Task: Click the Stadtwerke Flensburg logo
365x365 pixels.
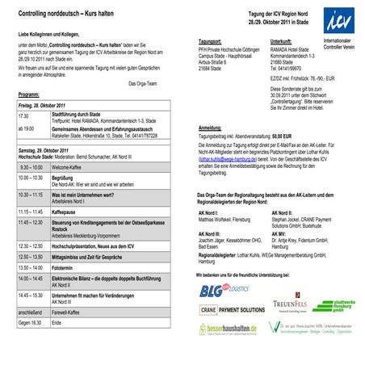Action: [334, 306]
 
